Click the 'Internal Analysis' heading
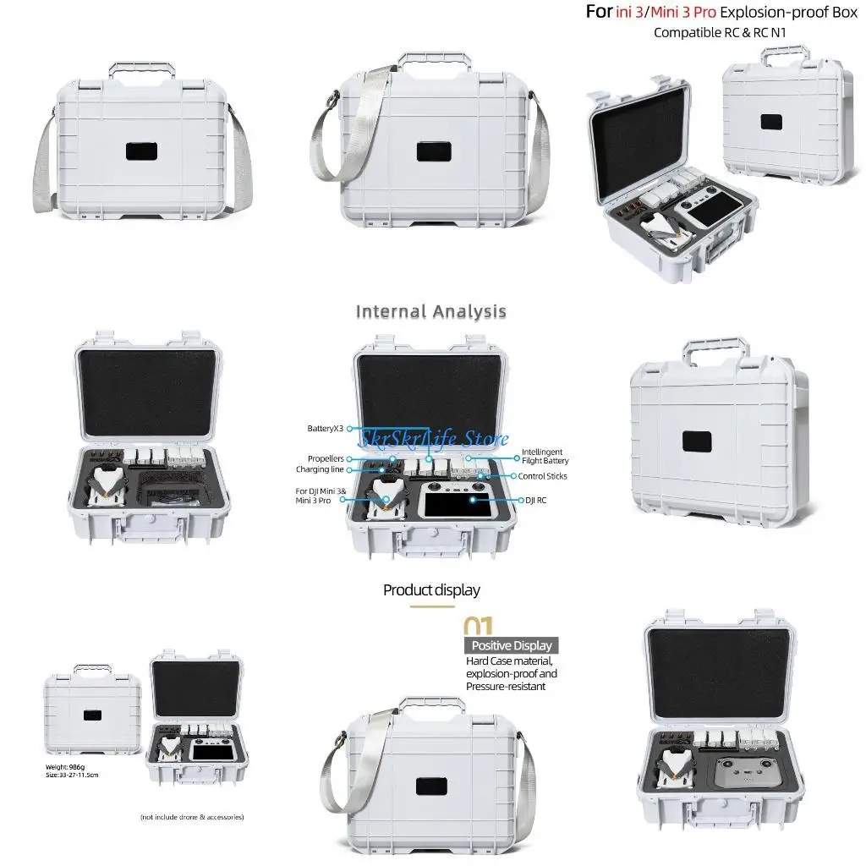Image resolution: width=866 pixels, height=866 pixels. point(430,312)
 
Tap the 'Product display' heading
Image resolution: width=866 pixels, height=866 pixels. point(431,589)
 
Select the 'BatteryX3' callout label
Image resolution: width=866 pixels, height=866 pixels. point(326,429)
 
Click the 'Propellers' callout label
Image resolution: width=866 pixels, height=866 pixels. point(326,458)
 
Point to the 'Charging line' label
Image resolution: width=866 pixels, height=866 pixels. point(319,469)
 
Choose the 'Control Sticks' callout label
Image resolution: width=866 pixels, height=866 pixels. point(543,476)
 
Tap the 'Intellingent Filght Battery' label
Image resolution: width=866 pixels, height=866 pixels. point(545,457)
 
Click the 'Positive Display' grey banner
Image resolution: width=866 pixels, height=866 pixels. point(511,645)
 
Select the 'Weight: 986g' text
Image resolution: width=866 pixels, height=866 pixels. point(63,766)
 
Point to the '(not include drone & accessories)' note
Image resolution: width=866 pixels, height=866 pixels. point(192,817)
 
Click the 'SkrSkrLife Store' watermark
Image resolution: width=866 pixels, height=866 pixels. point(434,439)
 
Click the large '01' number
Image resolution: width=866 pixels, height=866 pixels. point(479,626)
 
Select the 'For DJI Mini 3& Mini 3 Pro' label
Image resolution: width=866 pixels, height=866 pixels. point(319,496)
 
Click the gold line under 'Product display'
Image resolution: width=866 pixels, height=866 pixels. point(432,606)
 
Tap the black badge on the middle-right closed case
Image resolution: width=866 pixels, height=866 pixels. point(699,441)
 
